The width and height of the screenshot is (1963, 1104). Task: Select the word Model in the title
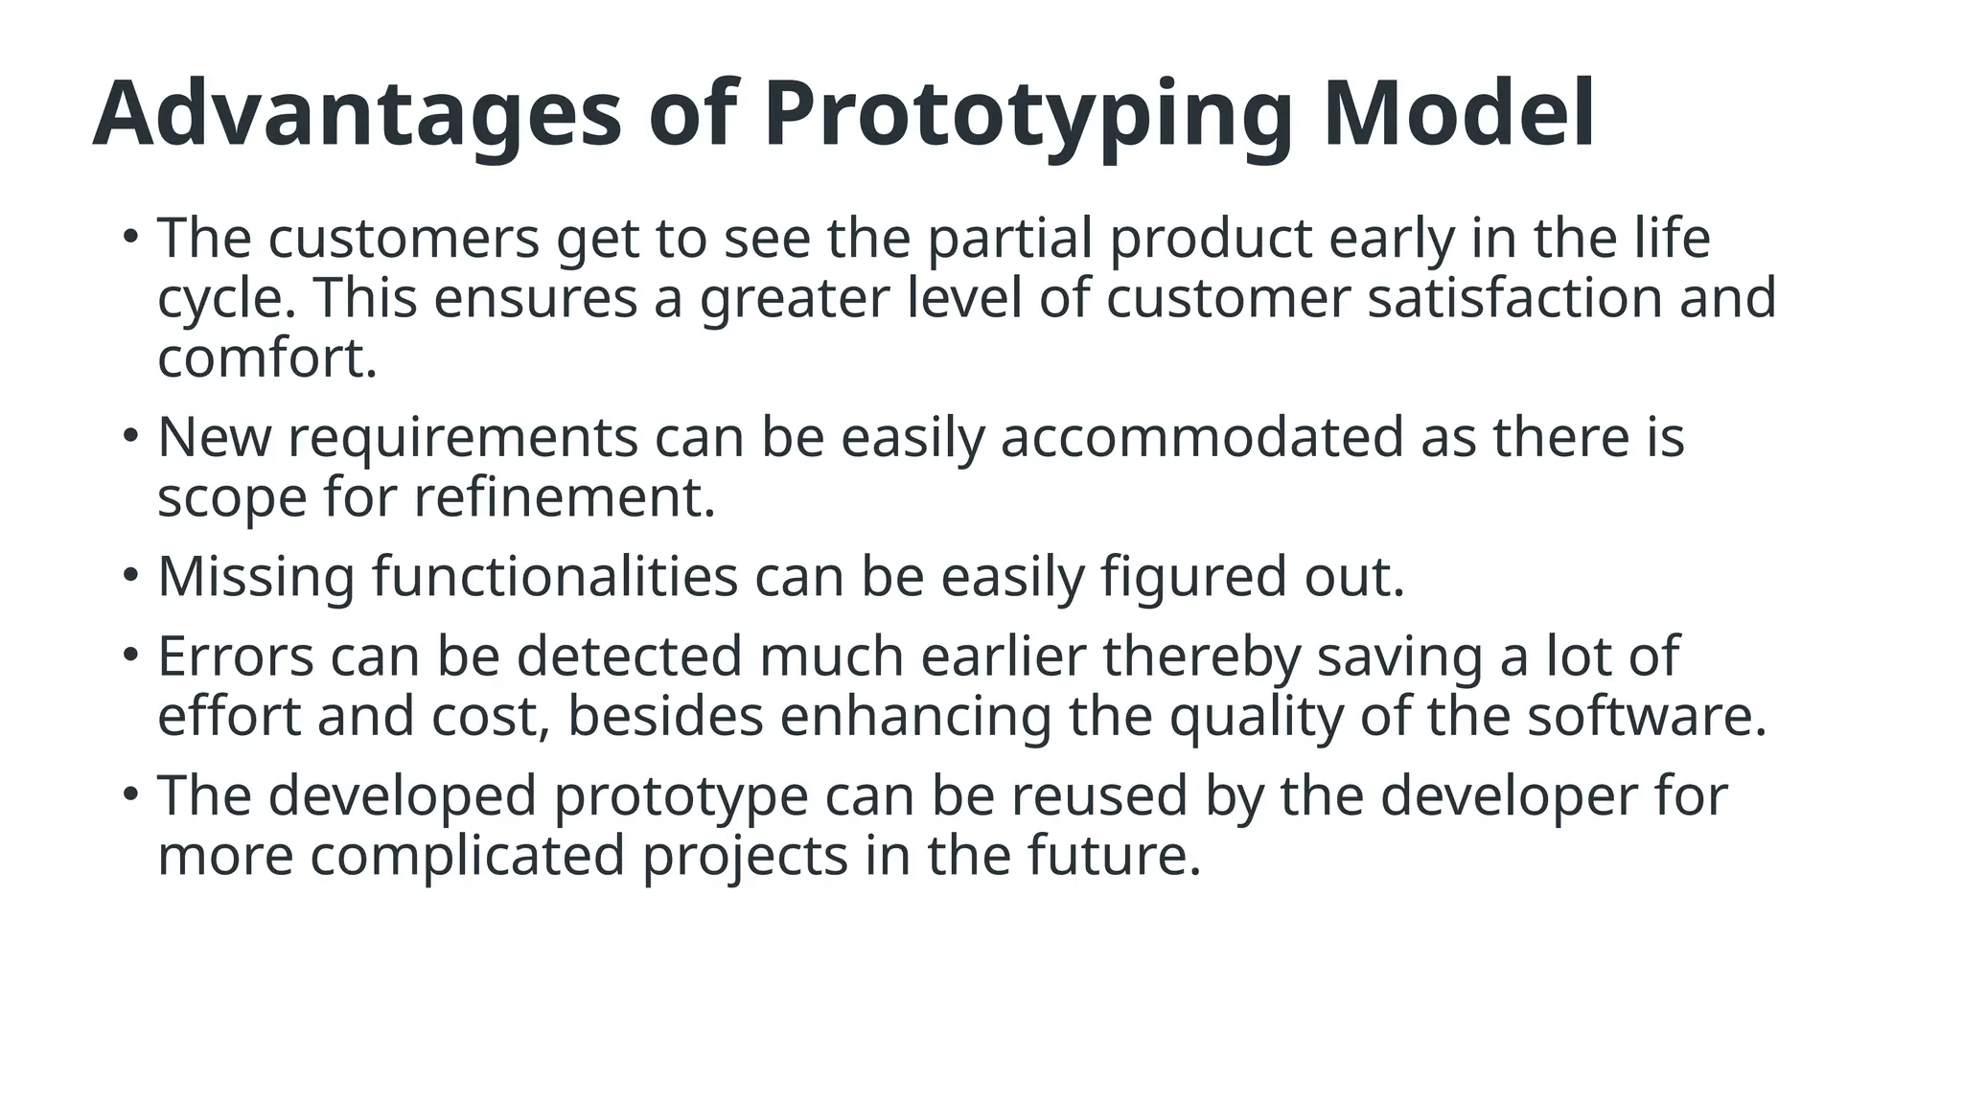point(1458,115)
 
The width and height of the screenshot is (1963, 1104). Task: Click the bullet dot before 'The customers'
point(130,234)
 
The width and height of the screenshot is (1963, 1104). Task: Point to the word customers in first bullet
point(404,239)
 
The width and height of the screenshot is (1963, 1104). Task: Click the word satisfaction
point(1514,298)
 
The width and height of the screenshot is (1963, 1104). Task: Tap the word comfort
point(266,358)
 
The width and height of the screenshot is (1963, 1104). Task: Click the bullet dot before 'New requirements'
point(130,434)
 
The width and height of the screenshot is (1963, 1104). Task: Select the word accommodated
point(1201,438)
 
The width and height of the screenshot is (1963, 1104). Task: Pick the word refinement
point(565,498)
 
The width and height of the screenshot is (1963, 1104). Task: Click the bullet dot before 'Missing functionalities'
point(130,574)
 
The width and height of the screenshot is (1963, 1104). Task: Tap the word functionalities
point(555,578)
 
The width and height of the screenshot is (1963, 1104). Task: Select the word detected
point(630,657)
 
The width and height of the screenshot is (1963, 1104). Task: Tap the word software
point(1646,718)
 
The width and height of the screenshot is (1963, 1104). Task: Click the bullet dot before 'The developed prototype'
point(130,793)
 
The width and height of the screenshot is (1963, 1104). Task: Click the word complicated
point(468,857)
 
